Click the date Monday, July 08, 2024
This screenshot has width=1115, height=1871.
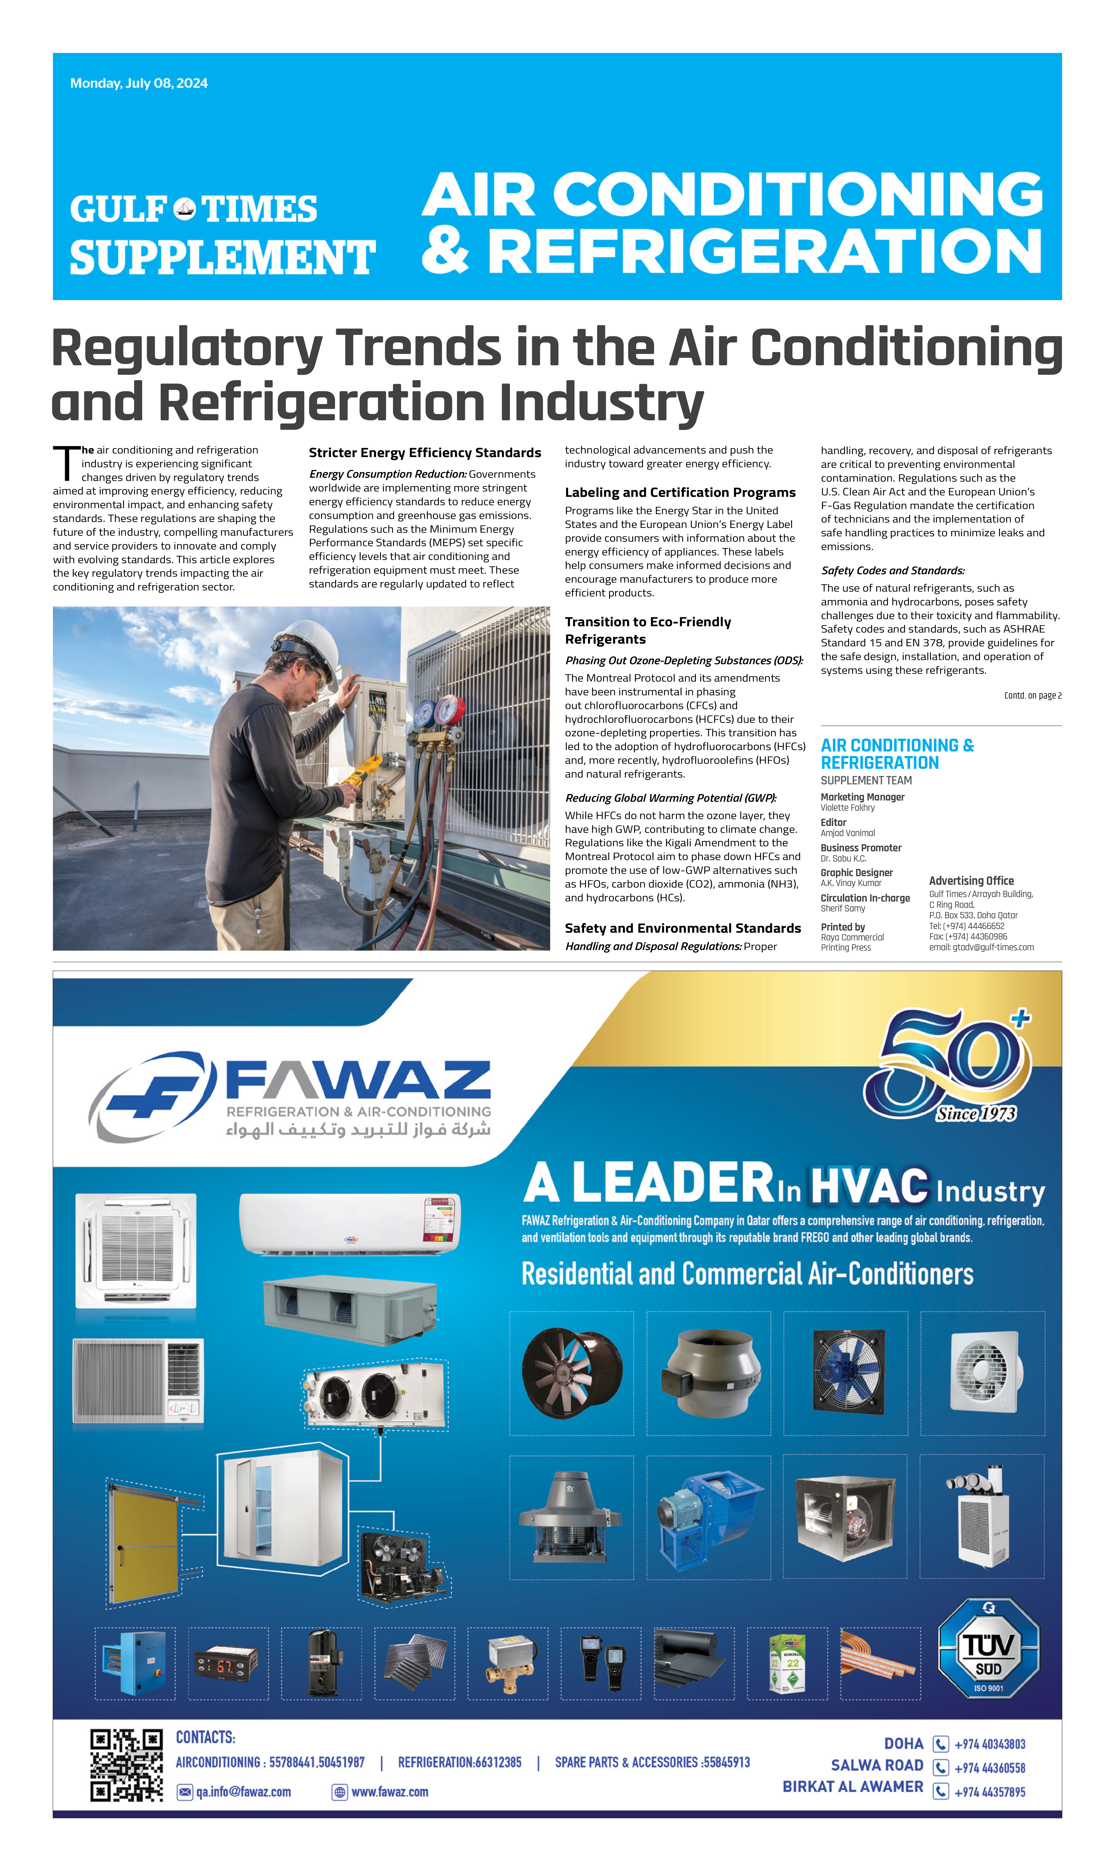coord(139,83)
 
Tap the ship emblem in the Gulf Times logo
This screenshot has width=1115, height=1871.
coord(184,208)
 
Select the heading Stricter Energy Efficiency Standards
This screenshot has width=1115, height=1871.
coord(425,453)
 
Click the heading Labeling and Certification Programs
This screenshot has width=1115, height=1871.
coord(680,492)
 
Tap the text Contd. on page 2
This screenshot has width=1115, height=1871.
coord(1032,695)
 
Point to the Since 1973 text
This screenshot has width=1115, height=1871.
coord(975,1113)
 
